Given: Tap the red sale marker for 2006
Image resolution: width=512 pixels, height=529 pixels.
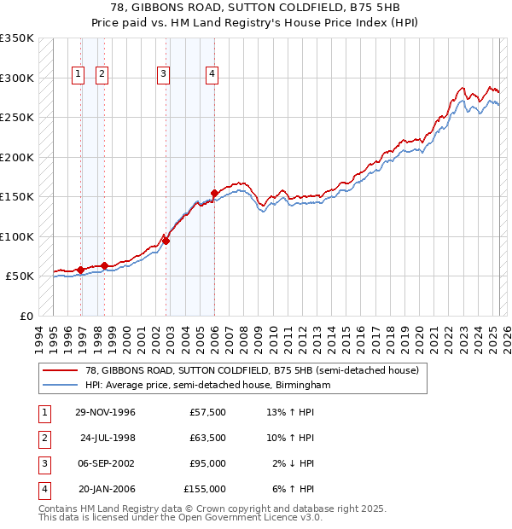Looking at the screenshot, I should (x=214, y=193).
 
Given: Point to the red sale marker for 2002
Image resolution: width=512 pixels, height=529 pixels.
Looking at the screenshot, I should (x=166, y=241).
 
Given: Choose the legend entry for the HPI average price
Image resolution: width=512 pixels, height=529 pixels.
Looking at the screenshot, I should (x=207, y=386).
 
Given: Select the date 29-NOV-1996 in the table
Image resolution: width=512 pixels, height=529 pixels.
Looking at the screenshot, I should (x=105, y=412).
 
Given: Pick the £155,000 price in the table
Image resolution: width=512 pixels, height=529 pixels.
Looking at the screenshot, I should (x=205, y=490).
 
